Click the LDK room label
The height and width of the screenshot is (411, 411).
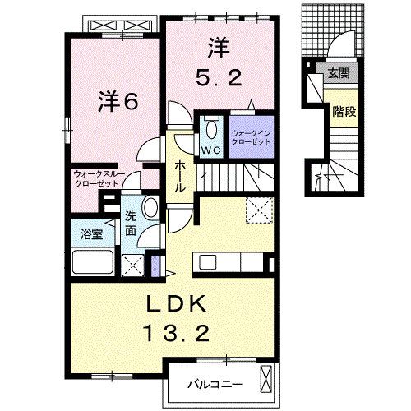[174, 304]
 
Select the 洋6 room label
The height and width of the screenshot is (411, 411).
[118, 101]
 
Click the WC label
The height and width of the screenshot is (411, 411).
[211, 150]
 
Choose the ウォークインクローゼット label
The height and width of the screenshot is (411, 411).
[250, 136]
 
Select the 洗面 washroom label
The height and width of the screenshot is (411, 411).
[131, 225]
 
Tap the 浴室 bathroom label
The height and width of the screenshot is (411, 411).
[91, 233]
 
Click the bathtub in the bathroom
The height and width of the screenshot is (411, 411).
[93, 264]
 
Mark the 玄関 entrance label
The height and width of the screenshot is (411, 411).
[338, 73]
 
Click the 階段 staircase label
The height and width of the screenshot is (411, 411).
[344, 111]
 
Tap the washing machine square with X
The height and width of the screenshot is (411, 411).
[130, 264]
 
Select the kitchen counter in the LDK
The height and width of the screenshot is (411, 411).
[229, 262]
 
